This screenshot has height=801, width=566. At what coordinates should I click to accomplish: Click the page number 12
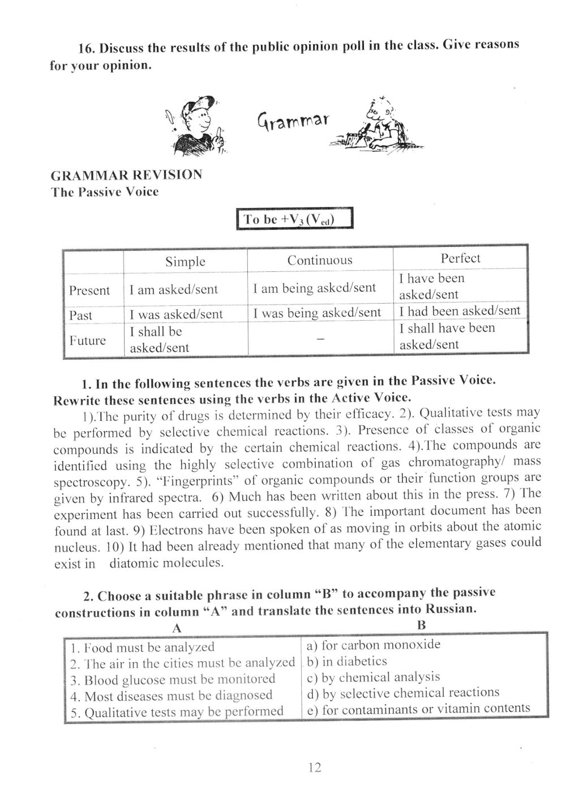pos(315,768)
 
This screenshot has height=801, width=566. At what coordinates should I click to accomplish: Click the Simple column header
pos(185,262)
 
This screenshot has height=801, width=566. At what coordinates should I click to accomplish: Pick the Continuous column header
pos(319,261)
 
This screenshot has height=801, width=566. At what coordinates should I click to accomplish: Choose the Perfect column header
pos(460,258)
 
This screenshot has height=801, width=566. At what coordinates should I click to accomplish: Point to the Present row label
pos(89,291)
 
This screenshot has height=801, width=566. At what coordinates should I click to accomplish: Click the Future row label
pos(88,340)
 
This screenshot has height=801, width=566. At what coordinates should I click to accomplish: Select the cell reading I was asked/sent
pos(176,314)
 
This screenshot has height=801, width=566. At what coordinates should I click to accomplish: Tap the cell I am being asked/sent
pos(314,288)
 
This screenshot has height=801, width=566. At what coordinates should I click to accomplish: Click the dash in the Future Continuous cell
pos(320,339)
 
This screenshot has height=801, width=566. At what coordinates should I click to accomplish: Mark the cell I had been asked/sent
pos(459,310)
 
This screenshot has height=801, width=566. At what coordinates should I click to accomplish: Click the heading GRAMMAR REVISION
pos(126,174)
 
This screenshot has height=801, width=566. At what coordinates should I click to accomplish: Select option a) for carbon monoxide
pos(373,645)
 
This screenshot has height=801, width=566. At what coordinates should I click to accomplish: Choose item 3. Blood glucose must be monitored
pos(172,679)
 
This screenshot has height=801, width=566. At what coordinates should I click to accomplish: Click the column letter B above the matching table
pos(421,625)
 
